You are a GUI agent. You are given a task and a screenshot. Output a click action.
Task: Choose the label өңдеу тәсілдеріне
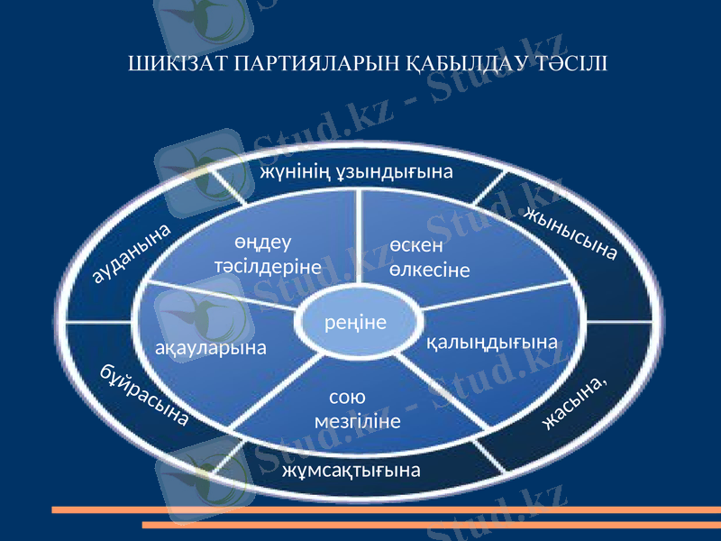pos(268,255)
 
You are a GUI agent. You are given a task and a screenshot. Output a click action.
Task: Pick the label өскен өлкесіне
pos(429,257)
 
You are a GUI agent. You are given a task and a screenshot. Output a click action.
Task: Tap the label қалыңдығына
pos(491,344)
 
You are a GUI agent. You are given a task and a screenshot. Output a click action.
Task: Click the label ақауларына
pos(211,347)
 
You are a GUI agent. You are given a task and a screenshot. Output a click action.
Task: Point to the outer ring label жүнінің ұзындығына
pos(356,170)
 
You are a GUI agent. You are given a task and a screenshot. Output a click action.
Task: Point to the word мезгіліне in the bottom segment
pos(358,421)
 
